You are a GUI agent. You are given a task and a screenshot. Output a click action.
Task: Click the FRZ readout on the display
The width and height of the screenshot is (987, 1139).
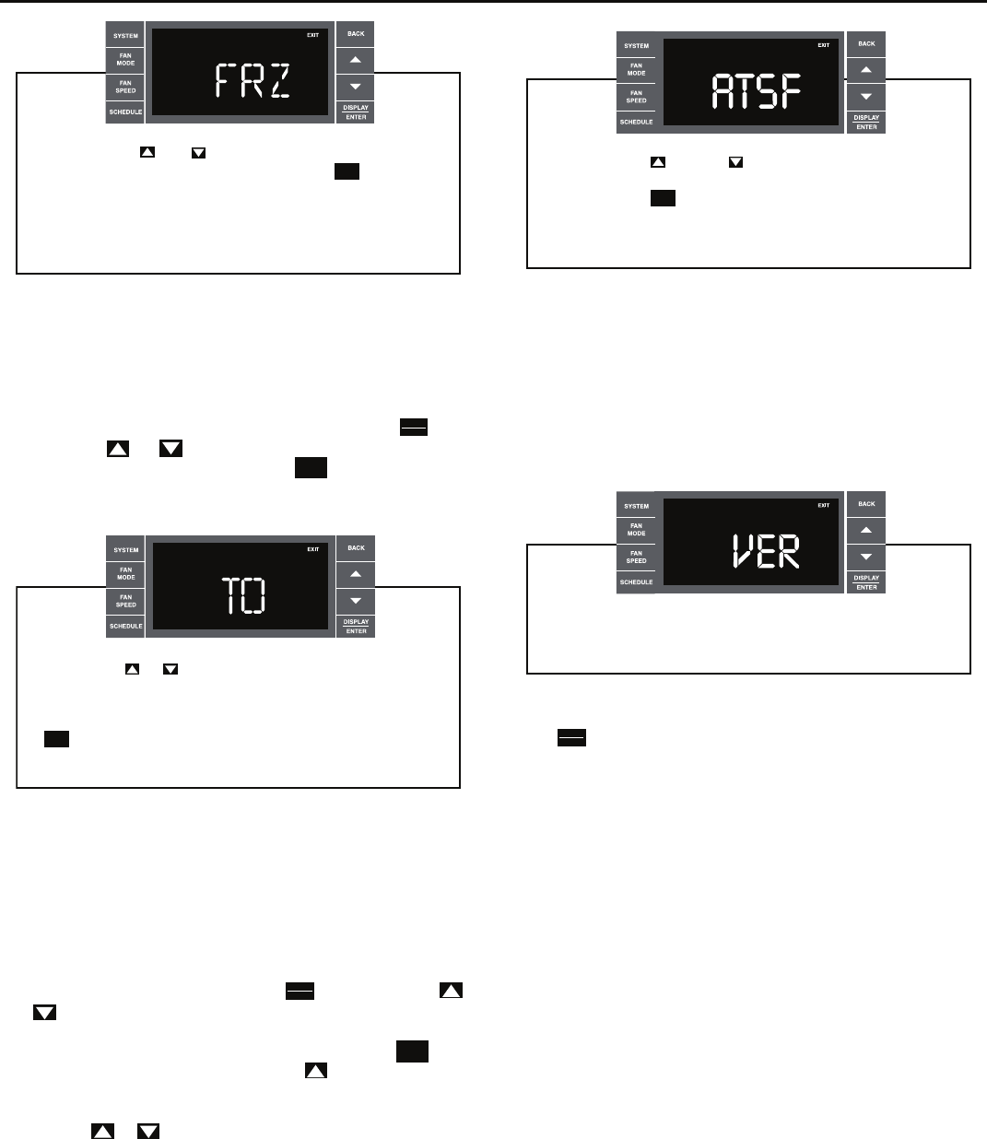(x=252, y=82)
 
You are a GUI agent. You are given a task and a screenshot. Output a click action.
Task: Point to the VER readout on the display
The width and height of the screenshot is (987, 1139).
(x=765, y=552)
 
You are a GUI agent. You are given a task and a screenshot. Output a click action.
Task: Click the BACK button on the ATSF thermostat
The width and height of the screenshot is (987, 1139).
(x=866, y=43)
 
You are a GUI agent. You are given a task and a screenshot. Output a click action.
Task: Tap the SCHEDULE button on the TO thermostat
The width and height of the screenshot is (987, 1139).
(x=125, y=626)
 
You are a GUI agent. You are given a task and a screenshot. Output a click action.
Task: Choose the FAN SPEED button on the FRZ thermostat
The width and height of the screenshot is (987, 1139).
(x=125, y=87)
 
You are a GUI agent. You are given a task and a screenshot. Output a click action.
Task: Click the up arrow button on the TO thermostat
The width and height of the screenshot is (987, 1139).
(x=356, y=574)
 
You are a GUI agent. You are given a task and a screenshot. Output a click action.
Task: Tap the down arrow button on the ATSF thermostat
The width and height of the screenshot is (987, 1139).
(x=866, y=96)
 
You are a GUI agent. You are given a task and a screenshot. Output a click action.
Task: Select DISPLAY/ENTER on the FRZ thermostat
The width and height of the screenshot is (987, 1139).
(x=356, y=112)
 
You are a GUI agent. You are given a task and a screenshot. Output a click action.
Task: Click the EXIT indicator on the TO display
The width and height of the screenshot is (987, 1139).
(x=313, y=549)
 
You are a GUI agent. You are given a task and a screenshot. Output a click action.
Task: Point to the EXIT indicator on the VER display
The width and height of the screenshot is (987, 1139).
(x=824, y=505)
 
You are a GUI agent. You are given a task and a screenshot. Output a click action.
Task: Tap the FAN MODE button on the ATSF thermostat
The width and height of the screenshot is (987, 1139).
(x=636, y=69)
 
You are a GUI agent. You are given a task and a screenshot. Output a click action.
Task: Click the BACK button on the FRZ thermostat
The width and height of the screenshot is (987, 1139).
(x=356, y=33)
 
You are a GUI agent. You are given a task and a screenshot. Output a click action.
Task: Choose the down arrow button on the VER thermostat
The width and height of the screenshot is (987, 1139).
(x=866, y=557)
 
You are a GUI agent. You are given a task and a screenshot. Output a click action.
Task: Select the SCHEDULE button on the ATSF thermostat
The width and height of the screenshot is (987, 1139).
(x=636, y=122)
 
